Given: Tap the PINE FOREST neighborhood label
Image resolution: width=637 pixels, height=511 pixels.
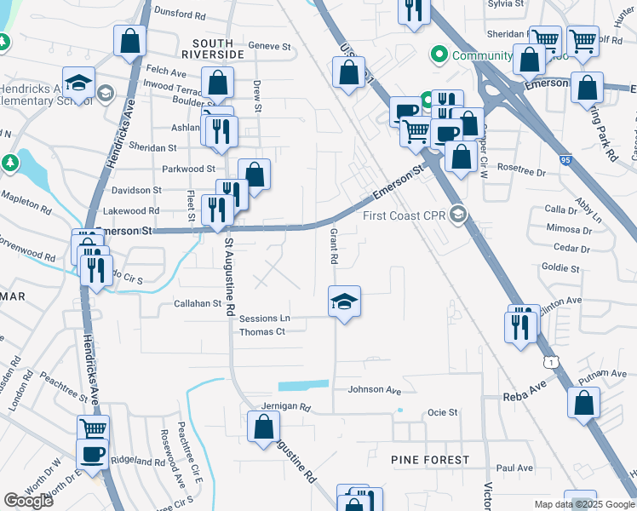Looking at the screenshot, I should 430,460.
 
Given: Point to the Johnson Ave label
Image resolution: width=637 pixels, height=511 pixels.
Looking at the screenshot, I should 374,390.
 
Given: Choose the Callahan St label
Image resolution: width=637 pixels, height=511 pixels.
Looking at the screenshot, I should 198,303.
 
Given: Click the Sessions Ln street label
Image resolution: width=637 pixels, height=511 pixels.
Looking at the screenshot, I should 264,319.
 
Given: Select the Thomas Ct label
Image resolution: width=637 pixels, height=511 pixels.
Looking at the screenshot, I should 261,332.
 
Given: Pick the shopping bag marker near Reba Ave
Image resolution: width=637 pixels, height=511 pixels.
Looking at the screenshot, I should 584,404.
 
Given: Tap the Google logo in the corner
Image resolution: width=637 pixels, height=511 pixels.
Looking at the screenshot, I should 29,500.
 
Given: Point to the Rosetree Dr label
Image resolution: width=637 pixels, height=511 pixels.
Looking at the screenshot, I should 520,169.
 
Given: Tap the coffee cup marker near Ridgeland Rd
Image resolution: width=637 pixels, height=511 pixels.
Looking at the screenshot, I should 92,455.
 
